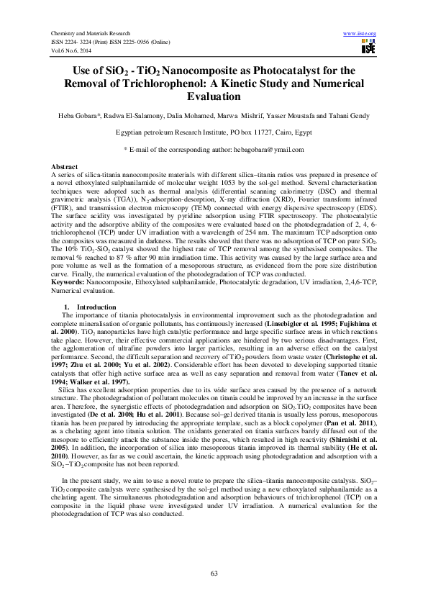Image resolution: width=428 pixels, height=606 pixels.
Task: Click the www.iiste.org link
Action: click(360, 34)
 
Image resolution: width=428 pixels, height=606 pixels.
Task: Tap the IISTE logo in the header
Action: click(368, 48)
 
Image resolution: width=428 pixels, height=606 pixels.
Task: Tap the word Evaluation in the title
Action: click(214, 96)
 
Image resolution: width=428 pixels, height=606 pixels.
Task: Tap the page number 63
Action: click(214, 573)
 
